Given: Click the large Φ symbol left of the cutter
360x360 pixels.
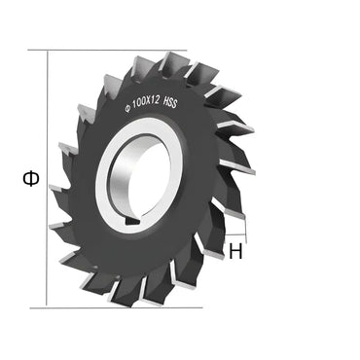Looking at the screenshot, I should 31,178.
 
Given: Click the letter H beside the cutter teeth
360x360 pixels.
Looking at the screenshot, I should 236,251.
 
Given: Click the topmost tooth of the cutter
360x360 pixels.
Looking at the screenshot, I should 173,63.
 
